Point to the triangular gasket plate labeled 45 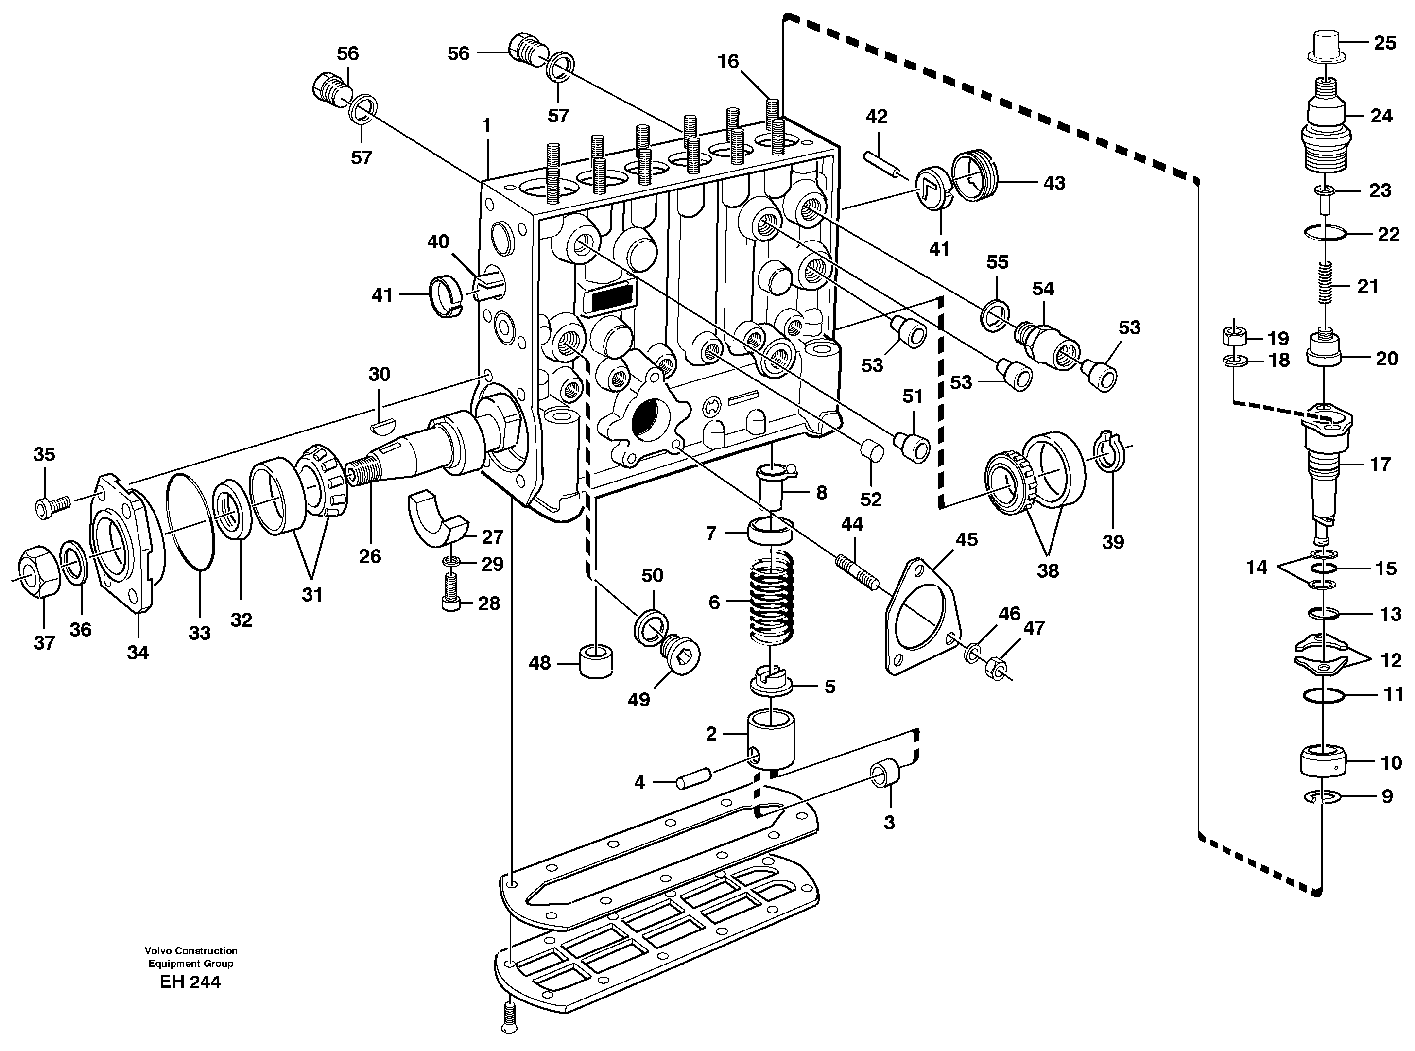pos(921,618)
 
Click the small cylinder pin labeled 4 pos(692,779)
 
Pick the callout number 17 pos(1380,465)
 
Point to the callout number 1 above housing pos(487,126)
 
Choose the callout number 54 pos(1043,289)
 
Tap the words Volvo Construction pos(190,951)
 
